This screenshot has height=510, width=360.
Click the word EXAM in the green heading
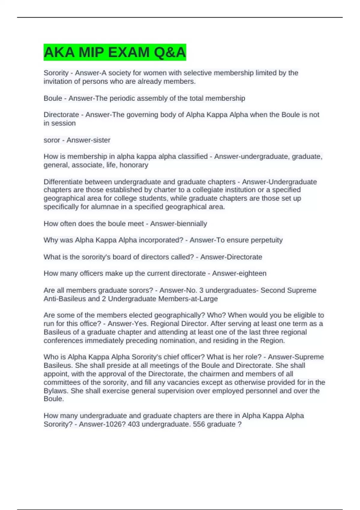[128, 52]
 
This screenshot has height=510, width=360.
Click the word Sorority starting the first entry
[56, 73]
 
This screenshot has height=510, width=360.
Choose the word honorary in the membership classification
[134, 165]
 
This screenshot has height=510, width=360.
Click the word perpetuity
[266, 240]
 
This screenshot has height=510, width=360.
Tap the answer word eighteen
[251, 273]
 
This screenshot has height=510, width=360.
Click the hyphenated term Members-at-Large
[188, 299]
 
